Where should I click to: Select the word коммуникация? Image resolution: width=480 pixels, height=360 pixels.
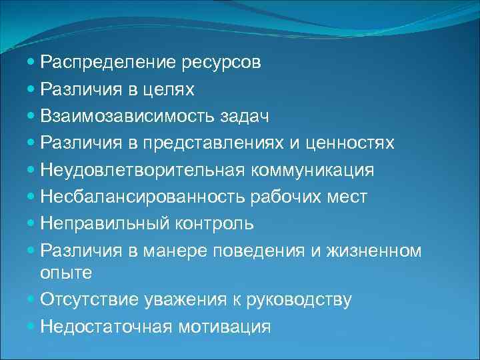click(313, 170)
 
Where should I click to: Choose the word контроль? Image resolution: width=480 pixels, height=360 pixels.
click(214, 223)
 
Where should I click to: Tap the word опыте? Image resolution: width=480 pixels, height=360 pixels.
click(65, 273)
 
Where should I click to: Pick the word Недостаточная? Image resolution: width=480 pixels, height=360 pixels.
click(107, 327)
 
